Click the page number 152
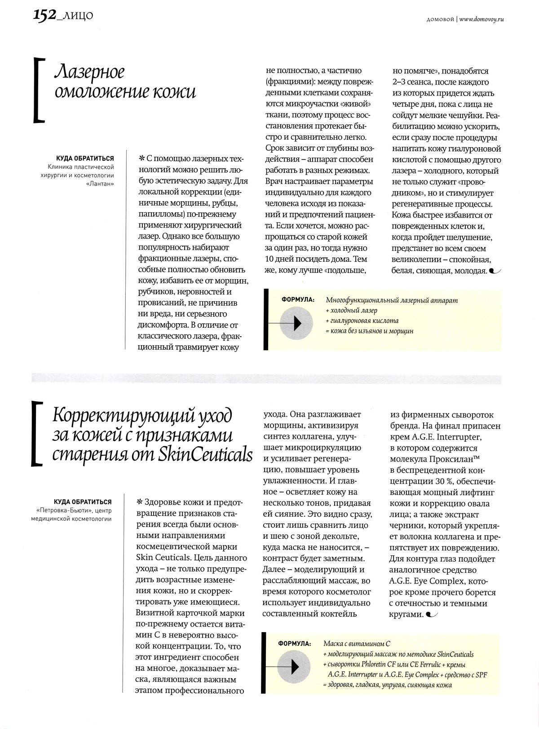[x=44, y=15]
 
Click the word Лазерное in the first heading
[x=89, y=72]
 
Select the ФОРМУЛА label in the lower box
[x=295, y=643]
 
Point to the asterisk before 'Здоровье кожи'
[x=139, y=502]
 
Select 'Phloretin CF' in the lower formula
[x=382, y=664]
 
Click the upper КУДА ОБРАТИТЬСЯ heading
[x=85, y=158]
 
